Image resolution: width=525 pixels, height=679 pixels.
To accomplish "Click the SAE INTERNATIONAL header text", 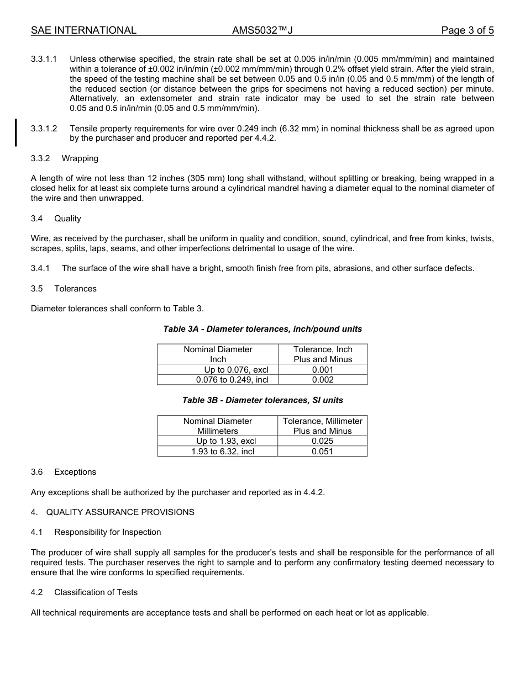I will (x=83, y=30).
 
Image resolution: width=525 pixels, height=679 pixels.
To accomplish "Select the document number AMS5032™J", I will (x=262, y=30).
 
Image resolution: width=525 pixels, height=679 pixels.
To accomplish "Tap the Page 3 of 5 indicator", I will (x=467, y=30).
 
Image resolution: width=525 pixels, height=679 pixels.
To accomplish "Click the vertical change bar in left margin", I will (x=16, y=132).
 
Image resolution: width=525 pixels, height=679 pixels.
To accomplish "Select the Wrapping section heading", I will (x=80, y=158).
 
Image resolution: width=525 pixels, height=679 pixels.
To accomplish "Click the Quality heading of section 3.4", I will (x=67, y=219).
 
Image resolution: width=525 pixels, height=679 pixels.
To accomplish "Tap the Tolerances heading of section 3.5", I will (x=75, y=289).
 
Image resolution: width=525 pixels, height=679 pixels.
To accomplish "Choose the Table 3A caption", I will (x=262, y=329).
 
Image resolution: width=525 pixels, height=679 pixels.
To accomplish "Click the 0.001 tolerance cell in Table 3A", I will (x=323, y=370).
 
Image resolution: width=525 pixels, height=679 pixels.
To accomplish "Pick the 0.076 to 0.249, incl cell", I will (x=232, y=380).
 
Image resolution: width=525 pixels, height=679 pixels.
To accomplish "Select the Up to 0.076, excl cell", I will (x=236, y=370).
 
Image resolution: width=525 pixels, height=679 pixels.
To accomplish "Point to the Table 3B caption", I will (x=262, y=400).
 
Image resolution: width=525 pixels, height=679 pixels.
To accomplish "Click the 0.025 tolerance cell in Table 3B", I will (x=323, y=441).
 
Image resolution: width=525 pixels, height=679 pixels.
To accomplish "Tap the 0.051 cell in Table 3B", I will (x=323, y=452).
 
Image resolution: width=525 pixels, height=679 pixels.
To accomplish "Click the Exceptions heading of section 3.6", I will (x=75, y=472).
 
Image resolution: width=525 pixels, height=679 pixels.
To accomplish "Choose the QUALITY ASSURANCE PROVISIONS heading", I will (x=120, y=512).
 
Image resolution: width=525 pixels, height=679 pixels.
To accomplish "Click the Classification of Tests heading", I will (x=96, y=592).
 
